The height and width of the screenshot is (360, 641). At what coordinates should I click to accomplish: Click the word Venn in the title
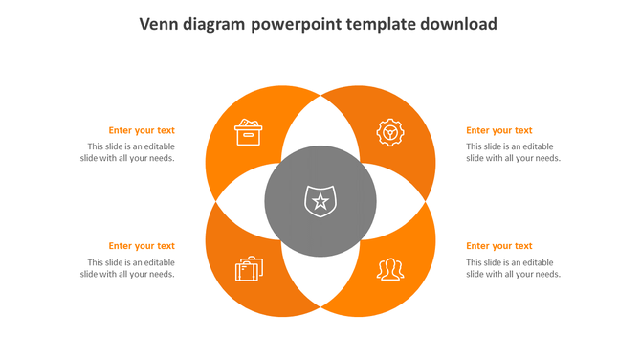[x=162, y=24]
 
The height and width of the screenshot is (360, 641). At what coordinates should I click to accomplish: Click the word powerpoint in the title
[x=298, y=24]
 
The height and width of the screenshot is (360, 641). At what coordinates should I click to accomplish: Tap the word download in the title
[x=461, y=24]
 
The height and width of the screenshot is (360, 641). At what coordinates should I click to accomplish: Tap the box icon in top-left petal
[x=248, y=132]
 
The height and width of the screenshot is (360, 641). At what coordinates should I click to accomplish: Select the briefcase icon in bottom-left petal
[x=249, y=268]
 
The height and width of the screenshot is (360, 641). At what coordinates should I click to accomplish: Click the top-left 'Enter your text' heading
[x=142, y=130]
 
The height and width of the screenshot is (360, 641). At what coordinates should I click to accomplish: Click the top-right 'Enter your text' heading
[x=498, y=130]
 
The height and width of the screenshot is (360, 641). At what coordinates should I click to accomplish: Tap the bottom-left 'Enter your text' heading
[x=142, y=246]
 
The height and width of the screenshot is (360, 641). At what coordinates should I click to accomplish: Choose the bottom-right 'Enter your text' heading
[x=498, y=246]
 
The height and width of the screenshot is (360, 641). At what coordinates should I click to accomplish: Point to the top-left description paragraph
[x=127, y=152]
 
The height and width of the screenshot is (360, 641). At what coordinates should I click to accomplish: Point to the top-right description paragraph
[x=513, y=152]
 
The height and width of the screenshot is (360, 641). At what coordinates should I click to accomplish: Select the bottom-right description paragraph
[x=513, y=268]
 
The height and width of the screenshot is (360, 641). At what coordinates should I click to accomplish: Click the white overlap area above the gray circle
[x=320, y=123]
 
